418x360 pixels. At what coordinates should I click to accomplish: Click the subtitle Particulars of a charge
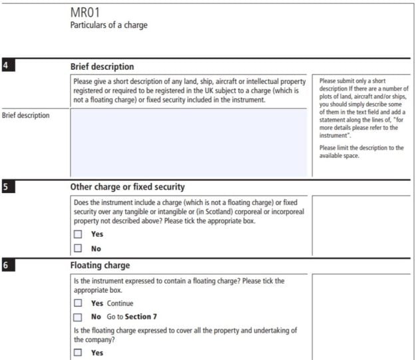pyautogui.click(x=108, y=25)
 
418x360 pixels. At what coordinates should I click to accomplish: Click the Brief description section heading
pyautogui.click(x=102, y=67)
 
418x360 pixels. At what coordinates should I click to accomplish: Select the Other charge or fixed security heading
pyautogui.click(x=127, y=187)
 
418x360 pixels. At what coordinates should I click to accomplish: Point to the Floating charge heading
pyautogui.click(x=101, y=265)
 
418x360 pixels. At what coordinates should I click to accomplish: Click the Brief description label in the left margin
pyautogui.click(x=26, y=115)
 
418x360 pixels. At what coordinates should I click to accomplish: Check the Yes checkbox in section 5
pyautogui.click(x=78, y=234)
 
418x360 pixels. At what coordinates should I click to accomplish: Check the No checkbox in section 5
pyautogui.click(x=78, y=249)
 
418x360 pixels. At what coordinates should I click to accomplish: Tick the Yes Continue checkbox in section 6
pyautogui.click(x=78, y=303)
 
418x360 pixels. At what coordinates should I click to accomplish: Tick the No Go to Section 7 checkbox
pyautogui.click(x=78, y=317)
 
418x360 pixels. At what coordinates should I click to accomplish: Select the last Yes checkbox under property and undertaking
pyautogui.click(x=78, y=353)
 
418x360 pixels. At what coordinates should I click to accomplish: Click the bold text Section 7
pyautogui.click(x=140, y=317)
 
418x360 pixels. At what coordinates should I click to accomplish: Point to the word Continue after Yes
pyautogui.click(x=120, y=303)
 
